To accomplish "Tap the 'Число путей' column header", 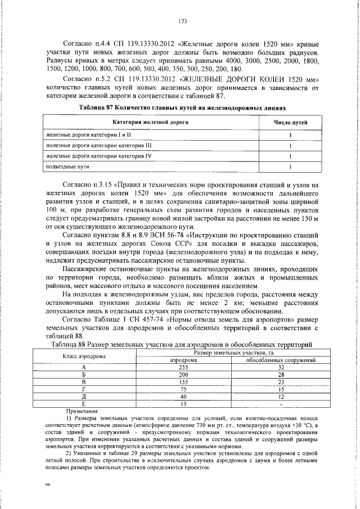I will point(290,122).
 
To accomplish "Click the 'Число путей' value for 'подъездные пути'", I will point(290,166).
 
